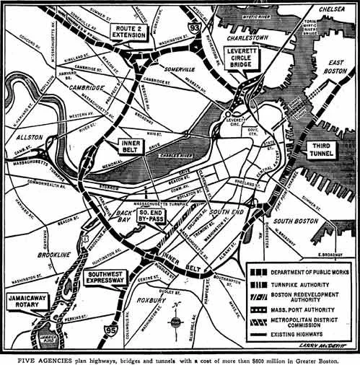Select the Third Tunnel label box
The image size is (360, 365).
(320, 150)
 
